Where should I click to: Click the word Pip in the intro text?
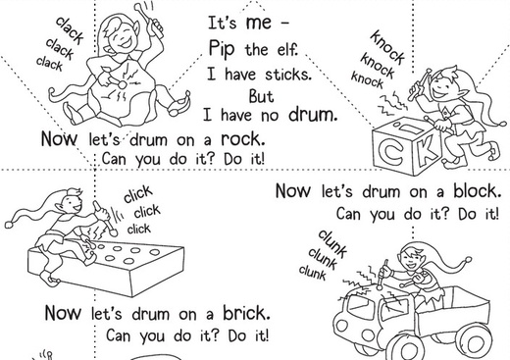[x=222, y=49]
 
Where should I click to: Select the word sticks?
[x=287, y=75]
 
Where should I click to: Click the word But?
[x=261, y=96]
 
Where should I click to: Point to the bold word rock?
[x=243, y=139]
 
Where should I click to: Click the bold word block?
[x=477, y=190]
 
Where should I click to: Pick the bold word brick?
[x=247, y=313]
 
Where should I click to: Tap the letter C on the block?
[x=390, y=153]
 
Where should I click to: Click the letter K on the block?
[x=426, y=149]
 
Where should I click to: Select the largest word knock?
[x=387, y=47]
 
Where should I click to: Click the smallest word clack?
[x=49, y=63]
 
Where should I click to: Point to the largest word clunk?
[x=332, y=243]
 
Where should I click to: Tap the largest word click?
[x=138, y=194]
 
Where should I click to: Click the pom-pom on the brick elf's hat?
[x=9, y=225]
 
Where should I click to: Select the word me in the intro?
[x=258, y=23]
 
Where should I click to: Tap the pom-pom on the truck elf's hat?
[x=468, y=260]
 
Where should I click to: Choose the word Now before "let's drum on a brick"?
[x=63, y=313]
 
